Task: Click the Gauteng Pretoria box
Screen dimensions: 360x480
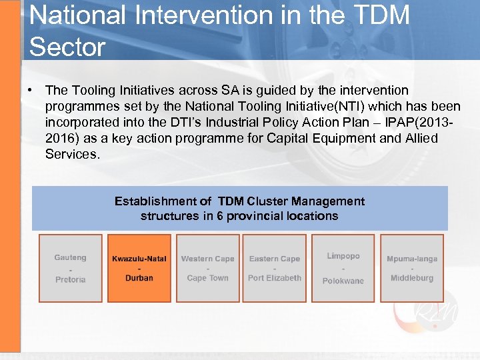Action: click(x=71, y=268)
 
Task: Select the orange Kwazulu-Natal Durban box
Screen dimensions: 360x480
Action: click(x=139, y=268)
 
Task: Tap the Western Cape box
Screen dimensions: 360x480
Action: click(x=207, y=268)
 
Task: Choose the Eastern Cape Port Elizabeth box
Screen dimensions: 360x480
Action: click(x=275, y=268)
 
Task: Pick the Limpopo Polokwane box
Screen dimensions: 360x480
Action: click(x=343, y=268)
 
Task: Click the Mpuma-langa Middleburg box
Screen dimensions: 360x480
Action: click(x=411, y=268)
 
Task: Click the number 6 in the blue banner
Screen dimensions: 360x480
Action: click(x=220, y=216)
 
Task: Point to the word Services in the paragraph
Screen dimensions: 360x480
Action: click(x=71, y=154)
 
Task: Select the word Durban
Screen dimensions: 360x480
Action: click(x=139, y=278)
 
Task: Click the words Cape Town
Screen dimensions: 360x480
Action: click(x=207, y=278)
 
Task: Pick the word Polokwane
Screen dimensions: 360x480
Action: click(x=343, y=281)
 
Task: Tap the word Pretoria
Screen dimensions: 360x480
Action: click(x=71, y=279)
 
